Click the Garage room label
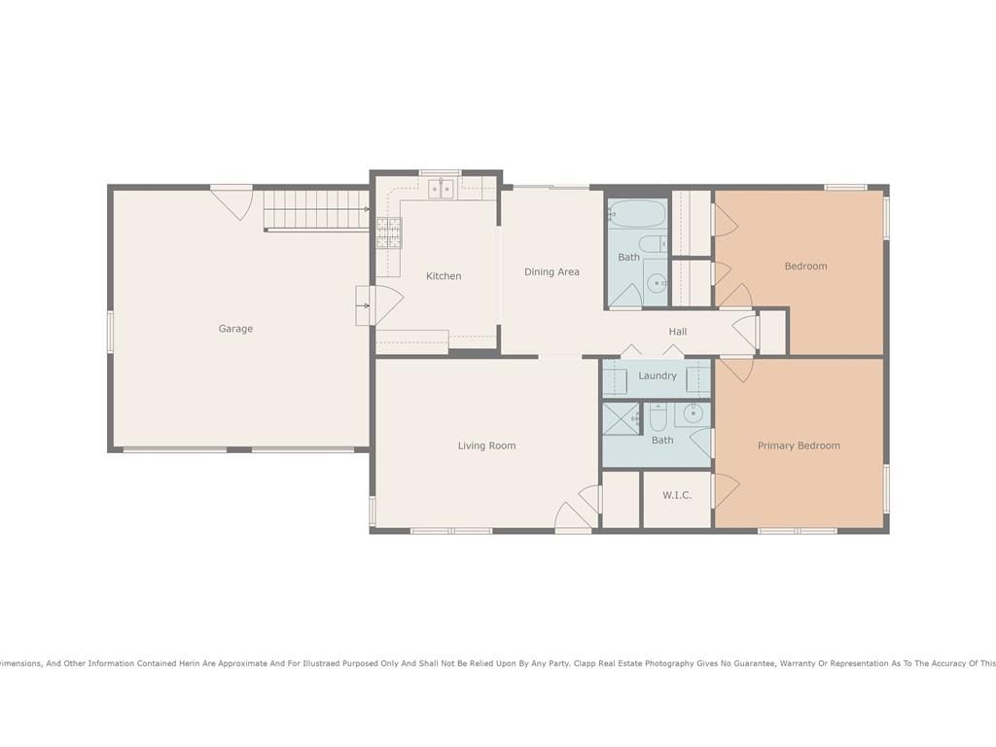(235, 329)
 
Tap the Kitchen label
(444, 275)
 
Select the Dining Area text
(551, 272)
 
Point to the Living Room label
(486, 445)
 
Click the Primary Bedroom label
(799, 445)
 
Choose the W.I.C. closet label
(677, 495)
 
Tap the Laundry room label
(658, 376)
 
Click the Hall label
(678, 332)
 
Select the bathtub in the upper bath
(637, 214)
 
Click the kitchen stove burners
(389, 232)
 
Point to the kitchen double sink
(441, 189)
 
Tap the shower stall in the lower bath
(621, 418)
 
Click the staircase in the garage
(316, 210)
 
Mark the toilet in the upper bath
(653, 244)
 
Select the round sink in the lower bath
(693, 414)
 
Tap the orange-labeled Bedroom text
(805, 267)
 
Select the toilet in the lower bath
(657, 416)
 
